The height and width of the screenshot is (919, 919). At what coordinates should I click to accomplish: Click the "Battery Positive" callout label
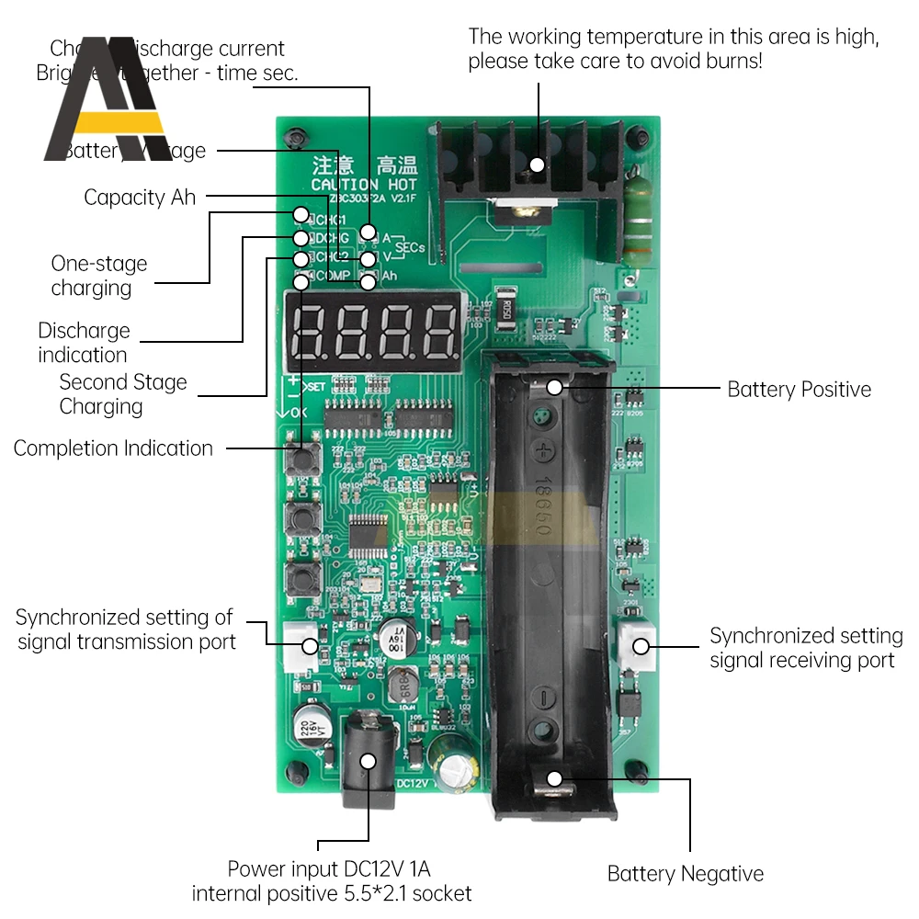tap(799, 389)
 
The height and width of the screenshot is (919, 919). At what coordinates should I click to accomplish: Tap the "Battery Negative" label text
tap(686, 873)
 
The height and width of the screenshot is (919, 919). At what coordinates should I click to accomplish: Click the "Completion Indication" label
tap(113, 448)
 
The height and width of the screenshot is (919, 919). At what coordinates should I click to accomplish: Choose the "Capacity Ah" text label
tap(140, 197)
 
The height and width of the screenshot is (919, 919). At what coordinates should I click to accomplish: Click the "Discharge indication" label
tap(84, 343)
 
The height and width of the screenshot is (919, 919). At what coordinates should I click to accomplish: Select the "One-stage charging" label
tap(98, 276)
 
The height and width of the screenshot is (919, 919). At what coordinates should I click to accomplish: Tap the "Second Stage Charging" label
tap(122, 394)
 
